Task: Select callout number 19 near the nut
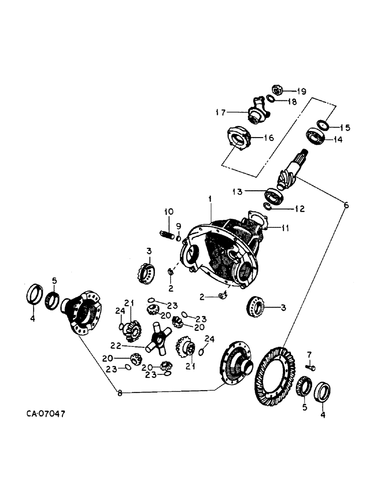(301, 91)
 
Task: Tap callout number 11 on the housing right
(285, 228)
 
